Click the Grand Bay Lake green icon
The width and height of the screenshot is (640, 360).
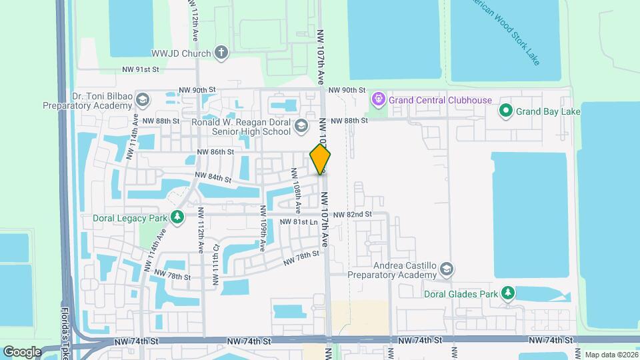pyautogui.click(x=505, y=111)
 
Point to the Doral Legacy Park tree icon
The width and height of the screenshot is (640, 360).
pyautogui.click(x=177, y=217)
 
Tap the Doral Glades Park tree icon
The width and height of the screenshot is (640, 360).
pyautogui.click(x=508, y=293)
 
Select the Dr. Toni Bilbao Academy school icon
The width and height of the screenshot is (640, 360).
pyautogui.click(x=142, y=100)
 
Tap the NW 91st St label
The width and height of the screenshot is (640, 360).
pyautogui.click(x=141, y=69)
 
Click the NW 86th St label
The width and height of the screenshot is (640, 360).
pyautogui.click(x=215, y=152)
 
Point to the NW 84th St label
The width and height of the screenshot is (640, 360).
pyautogui.click(x=213, y=178)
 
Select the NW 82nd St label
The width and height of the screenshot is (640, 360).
pyautogui.click(x=352, y=215)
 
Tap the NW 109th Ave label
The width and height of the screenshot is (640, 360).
pyautogui.click(x=263, y=233)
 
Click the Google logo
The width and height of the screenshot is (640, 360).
pyautogui.click(x=22, y=351)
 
